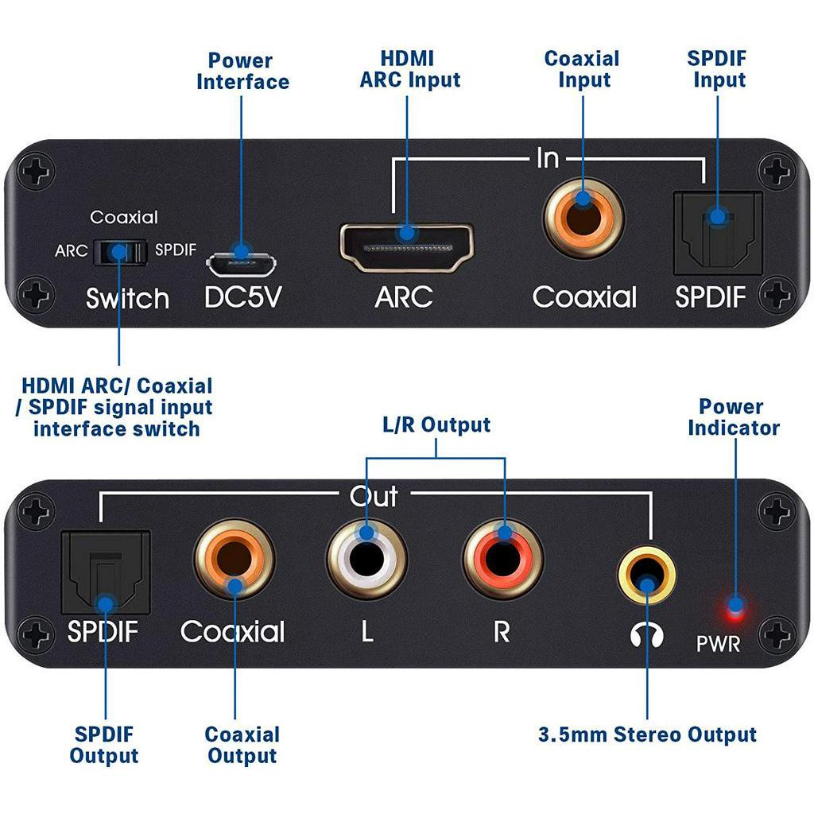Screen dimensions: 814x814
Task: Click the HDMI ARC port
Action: pyautogui.click(x=407, y=243)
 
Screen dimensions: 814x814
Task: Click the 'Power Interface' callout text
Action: pyautogui.click(x=242, y=72)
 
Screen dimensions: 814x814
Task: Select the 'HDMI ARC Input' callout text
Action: pyautogui.click(x=409, y=69)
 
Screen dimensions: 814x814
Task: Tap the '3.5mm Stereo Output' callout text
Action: pyautogui.click(x=647, y=735)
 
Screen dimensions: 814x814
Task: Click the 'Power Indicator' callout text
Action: pyautogui.click(x=733, y=417)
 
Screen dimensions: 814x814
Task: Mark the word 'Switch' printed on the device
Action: pyautogui.click(x=127, y=299)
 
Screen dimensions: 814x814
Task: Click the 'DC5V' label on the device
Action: pyautogui.click(x=242, y=297)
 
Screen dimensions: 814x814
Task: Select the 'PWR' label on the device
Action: pyautogui.click(x=718, y=643)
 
